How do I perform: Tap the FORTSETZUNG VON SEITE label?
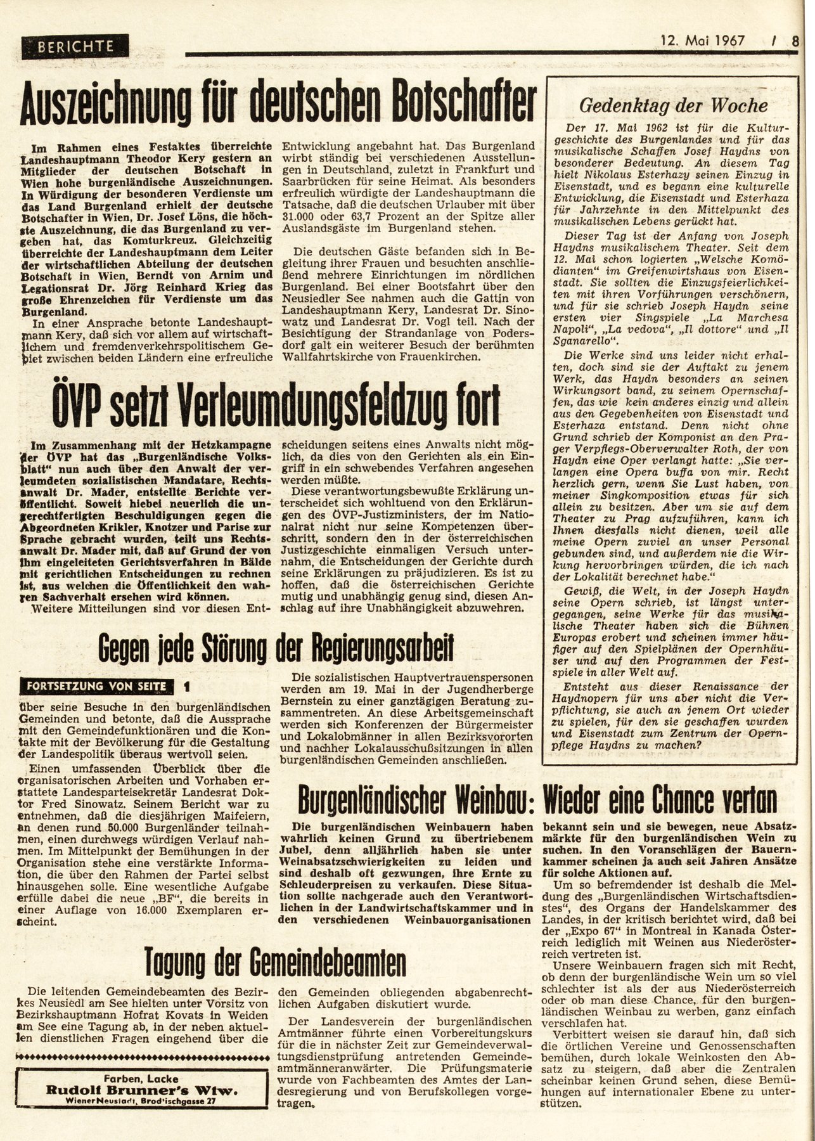(x=96, y=686)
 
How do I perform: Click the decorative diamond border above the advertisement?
(x=144, y=1057)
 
